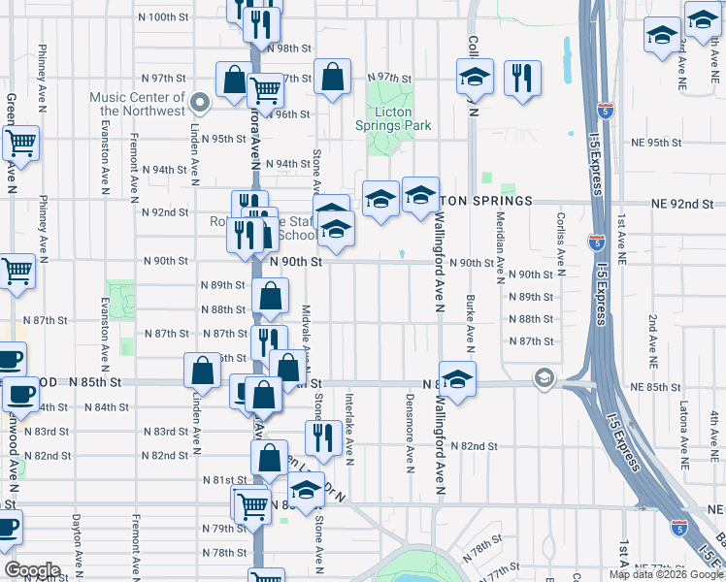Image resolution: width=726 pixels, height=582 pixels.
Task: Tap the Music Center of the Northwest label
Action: point(137,104)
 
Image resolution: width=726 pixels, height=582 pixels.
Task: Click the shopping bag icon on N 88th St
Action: point(272,298)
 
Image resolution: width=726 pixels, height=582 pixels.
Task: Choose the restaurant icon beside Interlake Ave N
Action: point(322,438)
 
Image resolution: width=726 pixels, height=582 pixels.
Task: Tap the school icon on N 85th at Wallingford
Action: point(457,378)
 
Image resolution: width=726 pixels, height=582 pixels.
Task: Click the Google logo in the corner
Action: point(32,570)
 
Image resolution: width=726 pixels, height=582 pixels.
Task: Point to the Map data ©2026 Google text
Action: point(665,574)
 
